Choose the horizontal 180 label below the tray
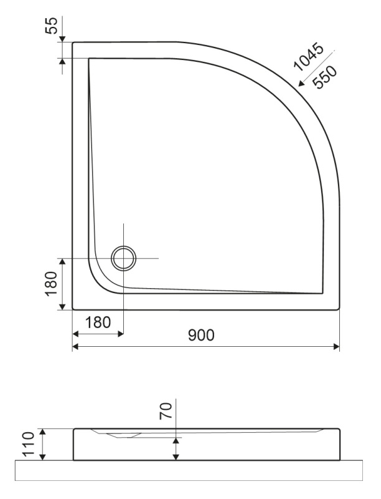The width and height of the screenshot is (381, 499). [x=97, y=322]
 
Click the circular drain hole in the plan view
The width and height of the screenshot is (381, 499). [x=123, y=258]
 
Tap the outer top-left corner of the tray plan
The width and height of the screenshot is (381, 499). [x=73, y=42]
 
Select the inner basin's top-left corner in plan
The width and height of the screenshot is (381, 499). [x=89, y=59]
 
